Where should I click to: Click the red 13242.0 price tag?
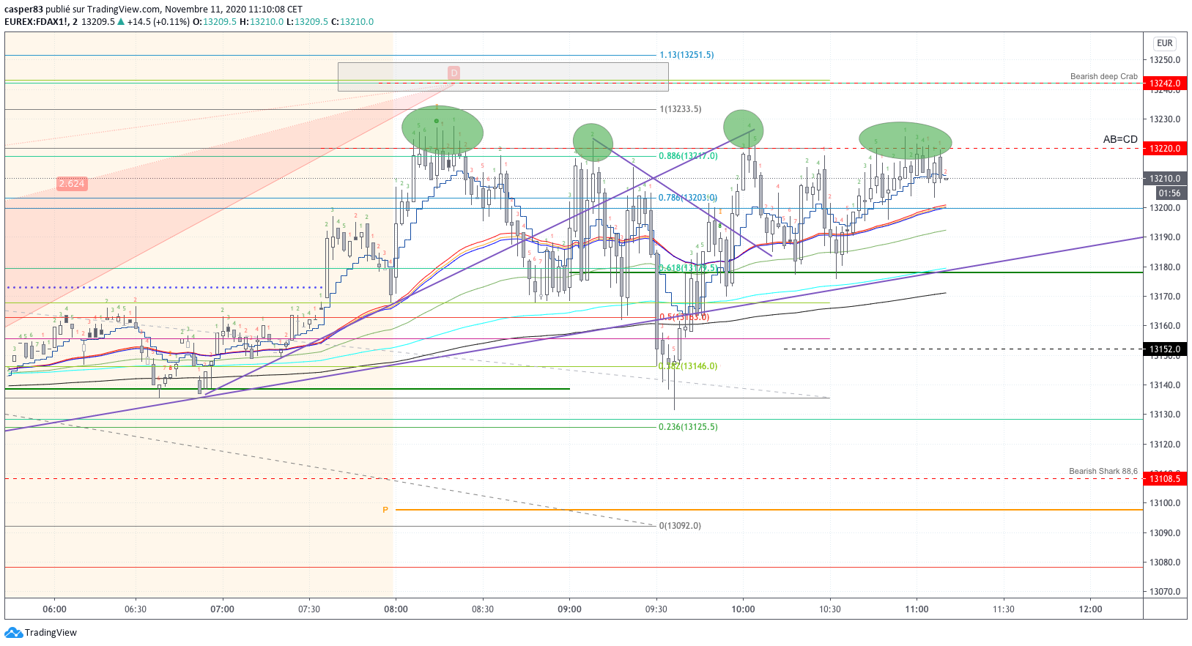[1164, 83]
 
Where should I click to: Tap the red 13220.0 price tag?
[1164, 149]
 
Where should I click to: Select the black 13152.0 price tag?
[1164, 349]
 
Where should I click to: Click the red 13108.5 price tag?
[1164, 479]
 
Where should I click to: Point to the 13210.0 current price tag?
[1164, 179]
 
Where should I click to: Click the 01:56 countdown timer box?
[1169, 193]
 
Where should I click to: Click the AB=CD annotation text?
[1120, 139]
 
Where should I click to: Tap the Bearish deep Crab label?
[1103, 76]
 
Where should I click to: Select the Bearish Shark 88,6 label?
[1103, 471]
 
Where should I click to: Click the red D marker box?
[454, 73]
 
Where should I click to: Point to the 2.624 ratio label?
[72, 184]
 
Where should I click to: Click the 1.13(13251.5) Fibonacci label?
[686, 55]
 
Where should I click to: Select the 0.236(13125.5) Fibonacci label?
[688, 427]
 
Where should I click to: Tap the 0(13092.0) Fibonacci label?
[680, 526]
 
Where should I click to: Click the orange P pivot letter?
[385, 510]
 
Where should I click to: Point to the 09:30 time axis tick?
[656, 609]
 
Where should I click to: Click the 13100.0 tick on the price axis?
[1165, 503]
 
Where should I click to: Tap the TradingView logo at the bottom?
[41, 633]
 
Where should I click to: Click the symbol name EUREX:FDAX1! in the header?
[36, 22]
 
